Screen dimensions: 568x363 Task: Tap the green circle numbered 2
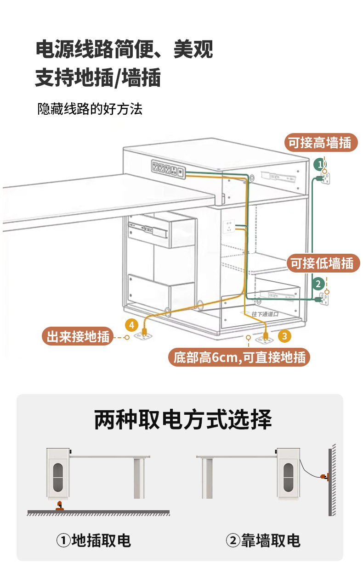(318, 284)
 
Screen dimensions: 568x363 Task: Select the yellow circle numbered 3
(284, 336)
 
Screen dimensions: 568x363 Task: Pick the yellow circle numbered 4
(131, 325)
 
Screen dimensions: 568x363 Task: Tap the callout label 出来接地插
(79, 337)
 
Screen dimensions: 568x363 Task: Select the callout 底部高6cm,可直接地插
(239, 357)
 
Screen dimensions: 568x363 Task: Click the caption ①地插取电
(94, 540)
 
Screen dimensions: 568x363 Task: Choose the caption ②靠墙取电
(263, 540)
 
